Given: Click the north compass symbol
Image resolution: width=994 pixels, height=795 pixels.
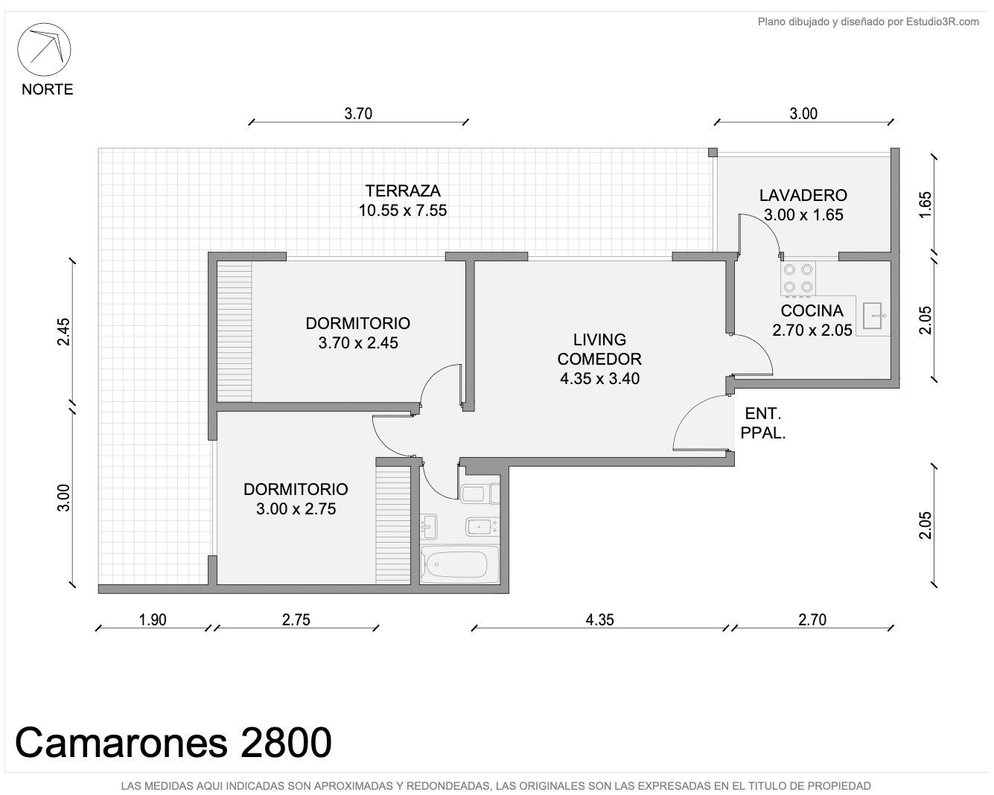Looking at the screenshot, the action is pos(44,49).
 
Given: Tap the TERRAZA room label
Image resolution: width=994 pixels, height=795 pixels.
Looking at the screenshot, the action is pos(402,191).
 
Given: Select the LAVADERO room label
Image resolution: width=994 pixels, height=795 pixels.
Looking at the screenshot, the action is pos(803,196).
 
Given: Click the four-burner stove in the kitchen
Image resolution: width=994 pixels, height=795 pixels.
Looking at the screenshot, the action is pos(797,278).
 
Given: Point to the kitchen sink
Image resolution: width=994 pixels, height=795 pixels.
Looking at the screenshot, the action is pos(872,316).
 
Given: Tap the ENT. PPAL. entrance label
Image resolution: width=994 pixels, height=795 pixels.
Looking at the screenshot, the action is pos(762,423).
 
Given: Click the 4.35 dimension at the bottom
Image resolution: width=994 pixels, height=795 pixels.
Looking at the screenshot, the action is pos(599,619).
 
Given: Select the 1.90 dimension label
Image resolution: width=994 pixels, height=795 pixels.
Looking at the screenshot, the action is pos(153,619).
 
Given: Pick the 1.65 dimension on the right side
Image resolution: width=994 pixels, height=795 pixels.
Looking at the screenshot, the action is pos(925,205).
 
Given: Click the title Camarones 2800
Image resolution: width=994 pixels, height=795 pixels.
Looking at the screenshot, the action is pos(173,743).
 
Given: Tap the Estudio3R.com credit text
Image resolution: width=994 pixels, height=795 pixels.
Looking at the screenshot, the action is pos(868,22).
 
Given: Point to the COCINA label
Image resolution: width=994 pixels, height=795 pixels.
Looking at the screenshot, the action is pos(812,311).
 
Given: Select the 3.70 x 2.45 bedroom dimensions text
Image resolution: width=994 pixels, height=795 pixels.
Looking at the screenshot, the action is pos(358,342).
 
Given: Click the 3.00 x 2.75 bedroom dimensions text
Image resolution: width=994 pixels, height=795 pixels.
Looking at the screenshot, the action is pos(296,508).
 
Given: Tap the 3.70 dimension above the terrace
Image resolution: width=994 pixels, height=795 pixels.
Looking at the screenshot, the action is pos(358,114).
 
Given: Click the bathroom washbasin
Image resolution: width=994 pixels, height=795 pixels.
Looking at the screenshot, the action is pos(429,526).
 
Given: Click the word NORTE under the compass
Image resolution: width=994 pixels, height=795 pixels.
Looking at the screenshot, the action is pos(47,89).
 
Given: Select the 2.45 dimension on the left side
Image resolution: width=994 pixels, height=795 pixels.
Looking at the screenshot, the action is pos(63,332).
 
